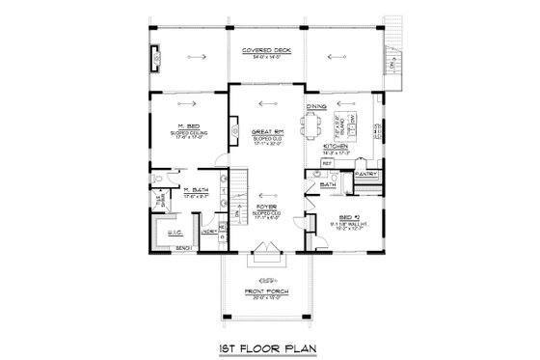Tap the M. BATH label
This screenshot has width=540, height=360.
coord(197,190)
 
